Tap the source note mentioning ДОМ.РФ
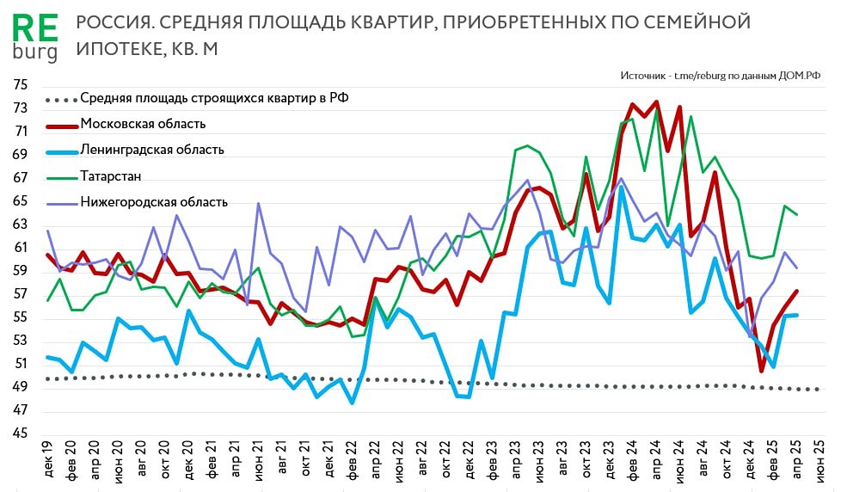click(x=720, y=76)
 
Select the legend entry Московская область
click(x=143, y=124)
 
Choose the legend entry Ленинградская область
click(x=152, y=150)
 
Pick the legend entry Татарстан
click(x=111, y=176)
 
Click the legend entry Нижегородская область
click(x=154, y=202)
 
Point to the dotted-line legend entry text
click(x=214, y=98)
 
